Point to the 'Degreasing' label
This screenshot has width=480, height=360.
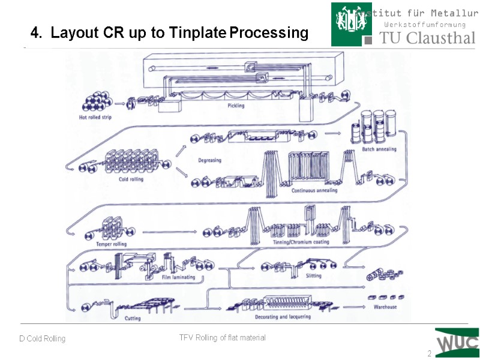210,160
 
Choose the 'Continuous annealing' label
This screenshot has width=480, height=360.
314,190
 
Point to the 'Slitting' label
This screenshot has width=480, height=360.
313,276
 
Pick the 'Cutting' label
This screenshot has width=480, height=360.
133,319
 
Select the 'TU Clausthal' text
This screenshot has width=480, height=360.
428,38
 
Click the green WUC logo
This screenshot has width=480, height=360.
457,343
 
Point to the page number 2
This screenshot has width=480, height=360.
429,354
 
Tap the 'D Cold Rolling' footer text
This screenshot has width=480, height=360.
42,339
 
